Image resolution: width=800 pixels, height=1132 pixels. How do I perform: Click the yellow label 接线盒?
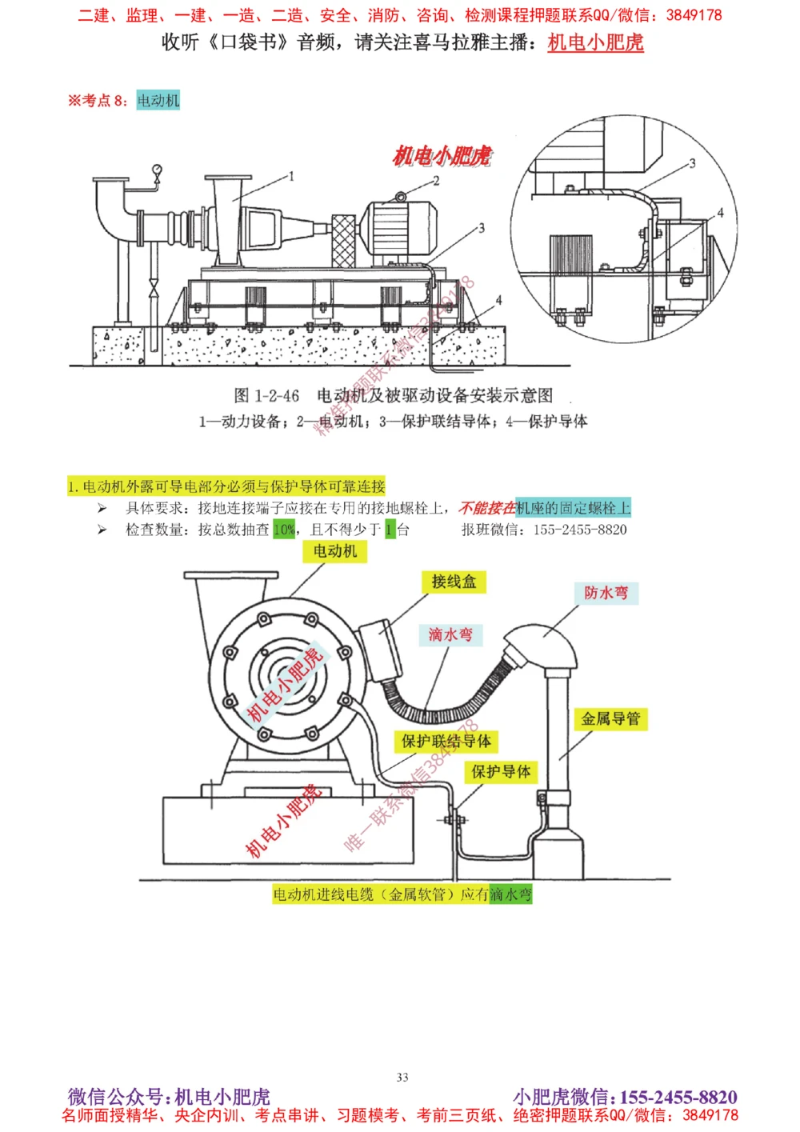(x=454, y=582)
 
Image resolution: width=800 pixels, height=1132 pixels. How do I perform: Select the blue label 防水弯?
(x=606, y=593)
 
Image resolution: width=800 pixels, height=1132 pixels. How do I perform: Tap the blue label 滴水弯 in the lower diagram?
(x=450, y=634)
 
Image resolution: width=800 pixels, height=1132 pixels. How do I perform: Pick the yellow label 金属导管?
(x=610, y=718)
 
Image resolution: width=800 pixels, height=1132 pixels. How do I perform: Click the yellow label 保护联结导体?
(x=446, y=742)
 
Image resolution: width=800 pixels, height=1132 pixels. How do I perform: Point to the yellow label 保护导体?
(x=501, y=771)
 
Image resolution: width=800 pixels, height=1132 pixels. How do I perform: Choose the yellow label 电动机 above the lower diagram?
(x=335, y=551)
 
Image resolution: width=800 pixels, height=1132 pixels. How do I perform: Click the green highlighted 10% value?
(x=284, y=530)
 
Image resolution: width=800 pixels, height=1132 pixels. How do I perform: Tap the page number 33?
(x=402, y=1077)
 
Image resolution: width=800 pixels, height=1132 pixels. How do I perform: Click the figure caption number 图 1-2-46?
(x=266, y=395)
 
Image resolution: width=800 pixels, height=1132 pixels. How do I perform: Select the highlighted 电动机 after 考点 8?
(x=158, y=100)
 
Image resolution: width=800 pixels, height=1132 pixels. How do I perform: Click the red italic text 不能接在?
(x=486, y=508)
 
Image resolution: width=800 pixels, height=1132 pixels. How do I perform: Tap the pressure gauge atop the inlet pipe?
(x=157, y=170)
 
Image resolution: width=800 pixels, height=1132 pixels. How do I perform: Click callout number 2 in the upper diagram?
(x=436, y=181)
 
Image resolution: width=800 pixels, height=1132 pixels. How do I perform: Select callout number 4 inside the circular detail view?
(x=720, y=213)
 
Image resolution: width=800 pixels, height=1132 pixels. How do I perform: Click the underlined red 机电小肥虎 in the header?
(x=595, y=42)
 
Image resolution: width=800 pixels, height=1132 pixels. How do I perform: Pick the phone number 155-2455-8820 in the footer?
(x=678, y=1097)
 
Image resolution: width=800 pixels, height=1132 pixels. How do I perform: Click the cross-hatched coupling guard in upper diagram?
(x=343, y=240)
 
